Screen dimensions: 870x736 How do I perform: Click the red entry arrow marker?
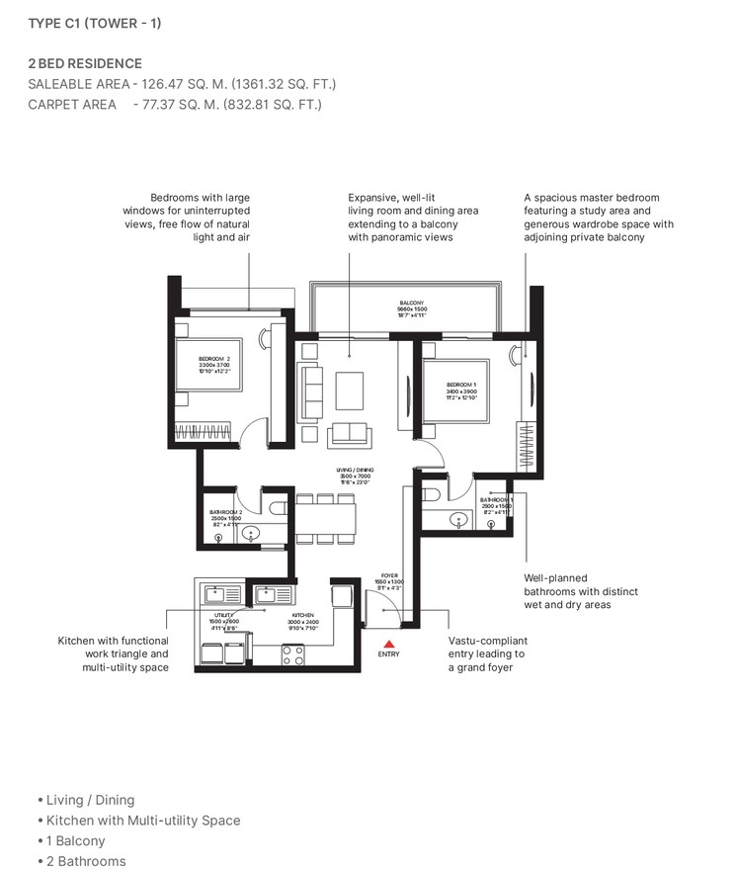pos(389,644)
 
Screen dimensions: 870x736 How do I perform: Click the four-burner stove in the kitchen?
pos(293,653)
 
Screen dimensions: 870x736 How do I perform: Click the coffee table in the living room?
pos(350,390)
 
